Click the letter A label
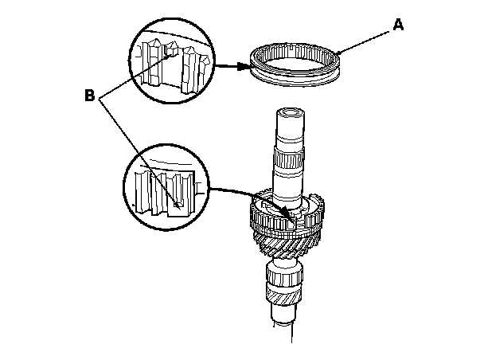pyautogui.click(x=399, y=25)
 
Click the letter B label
pyautogui.click(x=90, y=96)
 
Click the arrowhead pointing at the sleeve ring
pyautogui.click(x=244, y=67)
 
